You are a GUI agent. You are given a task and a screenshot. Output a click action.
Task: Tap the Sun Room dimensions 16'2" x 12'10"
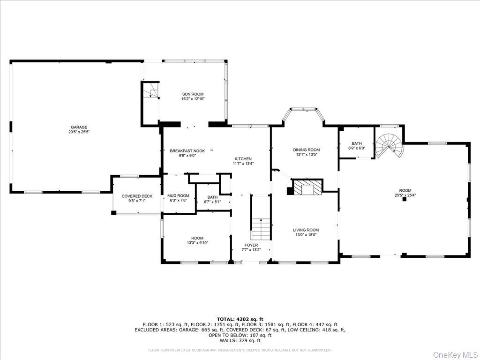pos(193,99)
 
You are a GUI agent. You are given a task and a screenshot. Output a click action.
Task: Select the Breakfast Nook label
pos(187,151)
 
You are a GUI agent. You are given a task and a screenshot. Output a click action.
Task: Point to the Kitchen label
pos(243,159)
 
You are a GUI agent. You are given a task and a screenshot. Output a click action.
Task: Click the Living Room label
pos(306,230)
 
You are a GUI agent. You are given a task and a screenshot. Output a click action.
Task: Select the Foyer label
pos(251,245)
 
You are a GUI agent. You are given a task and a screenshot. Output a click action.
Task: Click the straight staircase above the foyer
pos(261,228)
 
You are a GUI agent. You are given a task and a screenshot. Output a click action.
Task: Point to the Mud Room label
pos(178,195)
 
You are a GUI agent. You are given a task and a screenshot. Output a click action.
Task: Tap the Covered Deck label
pos(137,196)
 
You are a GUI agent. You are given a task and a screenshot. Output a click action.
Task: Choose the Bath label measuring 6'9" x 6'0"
pos(356,143)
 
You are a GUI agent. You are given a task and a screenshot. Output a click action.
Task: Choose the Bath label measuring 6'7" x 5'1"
pos(212,197)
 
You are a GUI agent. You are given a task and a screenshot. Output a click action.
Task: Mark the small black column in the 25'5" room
pos(404,199)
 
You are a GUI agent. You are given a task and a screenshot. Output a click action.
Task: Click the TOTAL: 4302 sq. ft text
pos(240,319)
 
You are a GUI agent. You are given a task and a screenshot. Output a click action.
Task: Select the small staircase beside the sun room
pos(151,90)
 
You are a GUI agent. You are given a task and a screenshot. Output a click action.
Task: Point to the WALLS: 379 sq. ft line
pos(240,340)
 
